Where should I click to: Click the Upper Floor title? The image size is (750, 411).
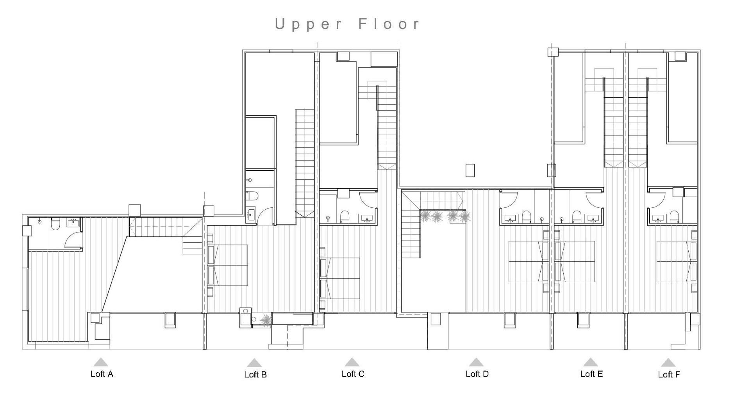click(x=347, y=24)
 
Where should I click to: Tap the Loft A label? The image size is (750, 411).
click(x=102, y=374)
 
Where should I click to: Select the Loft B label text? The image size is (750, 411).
click(x=255, y=375)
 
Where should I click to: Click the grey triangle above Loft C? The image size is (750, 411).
click(x=352, y=362)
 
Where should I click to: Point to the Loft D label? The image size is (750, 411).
click(x=477, y=374)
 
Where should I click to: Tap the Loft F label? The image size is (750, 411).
click(x=669, y=375)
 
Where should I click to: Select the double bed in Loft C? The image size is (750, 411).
click(x=342, y=278)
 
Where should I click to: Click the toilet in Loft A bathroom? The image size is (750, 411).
click(x=55, y=224)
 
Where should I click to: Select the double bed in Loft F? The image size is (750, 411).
click(x=674, y=261)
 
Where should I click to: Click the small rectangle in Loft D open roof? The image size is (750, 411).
click(x=470, y=170)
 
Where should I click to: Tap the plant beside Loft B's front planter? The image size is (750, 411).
click(x=266, y=320)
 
